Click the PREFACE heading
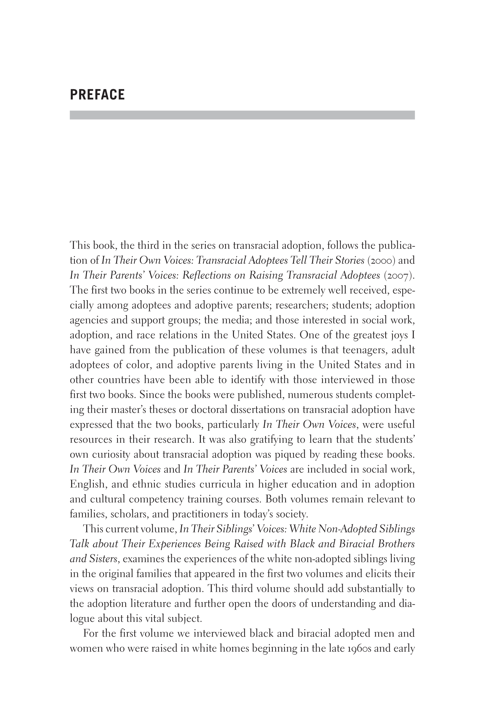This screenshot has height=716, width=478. pyautogui.click(x=97, y=95)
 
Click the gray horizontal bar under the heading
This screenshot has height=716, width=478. pyautogui.click(x=242, y=115)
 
